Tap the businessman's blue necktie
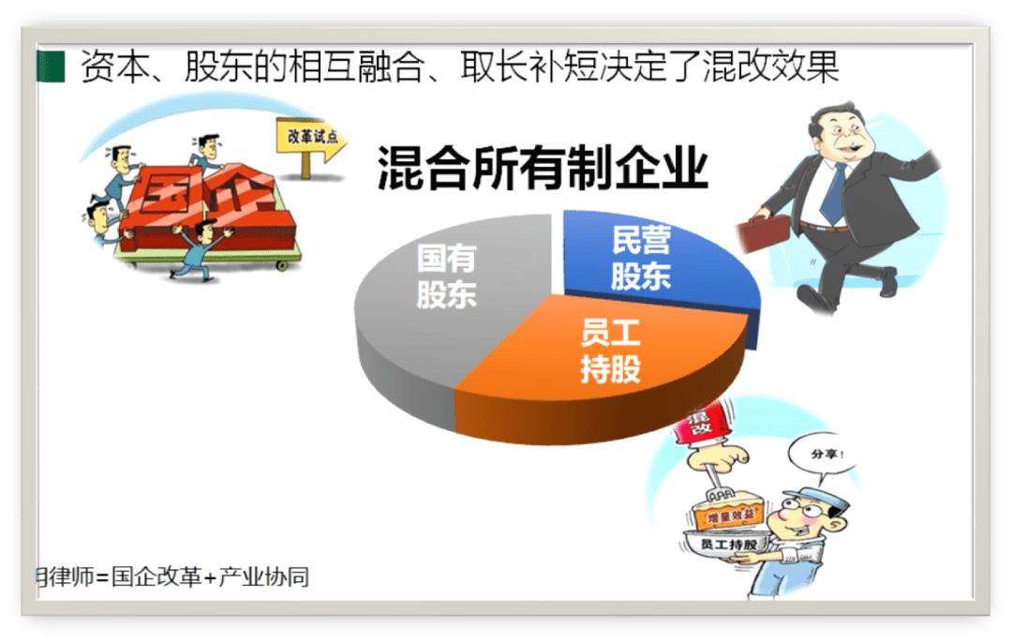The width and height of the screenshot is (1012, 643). [833, 191]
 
